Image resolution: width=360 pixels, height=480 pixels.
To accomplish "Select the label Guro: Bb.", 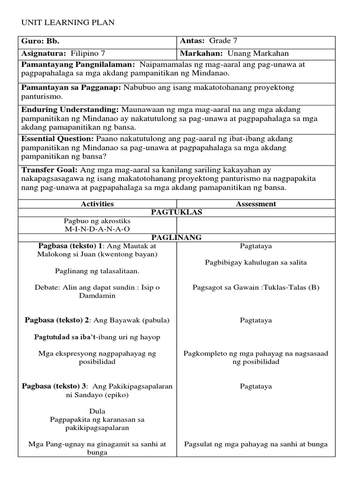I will coord(40,41).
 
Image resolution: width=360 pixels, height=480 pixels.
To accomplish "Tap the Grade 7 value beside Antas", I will coord(226,41).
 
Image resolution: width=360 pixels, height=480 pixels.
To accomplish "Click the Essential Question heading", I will coord(58,139).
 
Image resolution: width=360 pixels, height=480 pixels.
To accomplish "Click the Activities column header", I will coord(97,204).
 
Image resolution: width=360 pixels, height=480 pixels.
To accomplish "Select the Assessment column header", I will coord(255,204).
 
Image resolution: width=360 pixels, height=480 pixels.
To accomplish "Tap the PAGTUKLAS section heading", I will coord(176,212).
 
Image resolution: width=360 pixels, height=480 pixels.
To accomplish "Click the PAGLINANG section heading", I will coord(176,238).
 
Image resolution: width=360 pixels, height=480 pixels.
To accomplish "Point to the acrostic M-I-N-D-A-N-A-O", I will coord(97,229).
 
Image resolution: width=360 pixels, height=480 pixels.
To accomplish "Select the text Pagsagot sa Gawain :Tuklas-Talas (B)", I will coord(255,287).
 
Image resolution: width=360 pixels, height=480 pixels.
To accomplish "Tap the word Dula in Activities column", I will coord(97,411).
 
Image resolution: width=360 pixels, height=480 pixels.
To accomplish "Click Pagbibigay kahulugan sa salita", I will coord(255,262).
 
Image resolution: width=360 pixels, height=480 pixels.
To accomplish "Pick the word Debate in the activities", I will coord(47,287).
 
